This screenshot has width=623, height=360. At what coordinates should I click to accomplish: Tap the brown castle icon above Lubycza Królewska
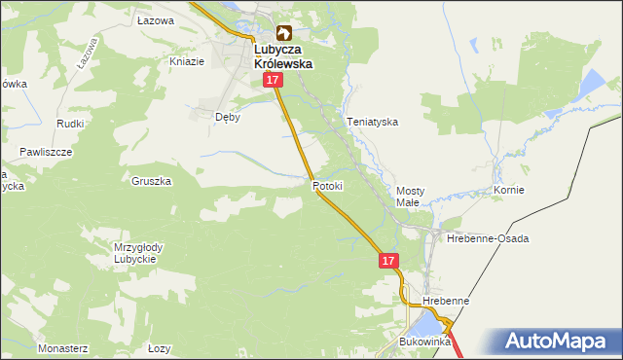[x=284, y=33]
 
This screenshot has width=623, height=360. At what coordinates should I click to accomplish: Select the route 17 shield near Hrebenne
[x=388, y=261]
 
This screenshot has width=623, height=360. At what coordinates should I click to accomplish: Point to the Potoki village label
[x=328, y=185]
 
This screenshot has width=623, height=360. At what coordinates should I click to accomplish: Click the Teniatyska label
[x=373, y=123]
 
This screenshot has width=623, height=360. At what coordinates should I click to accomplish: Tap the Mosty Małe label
[x=407, y=197]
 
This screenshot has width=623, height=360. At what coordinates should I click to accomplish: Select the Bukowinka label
[x=425, y=342]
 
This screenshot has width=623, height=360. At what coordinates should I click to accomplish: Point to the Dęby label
[x=227, y=116]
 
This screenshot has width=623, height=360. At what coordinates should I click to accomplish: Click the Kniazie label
[x=187, y=61]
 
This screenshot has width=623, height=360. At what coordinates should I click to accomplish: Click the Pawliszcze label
[x=46, y=153]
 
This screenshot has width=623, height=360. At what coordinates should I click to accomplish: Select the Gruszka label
[x=152, y=181]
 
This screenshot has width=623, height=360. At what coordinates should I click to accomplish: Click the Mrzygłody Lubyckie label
[x=138, y=253]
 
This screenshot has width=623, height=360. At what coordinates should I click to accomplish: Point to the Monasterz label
[x=63, y=347]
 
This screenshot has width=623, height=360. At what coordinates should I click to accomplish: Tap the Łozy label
[x=160, y=347]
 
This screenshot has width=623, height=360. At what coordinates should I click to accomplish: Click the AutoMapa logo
[x=560, y=341]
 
